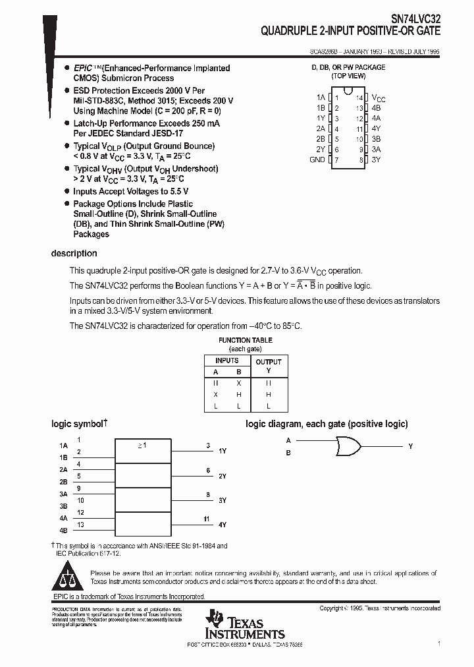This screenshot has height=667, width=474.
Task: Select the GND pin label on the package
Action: [x=317, y=160]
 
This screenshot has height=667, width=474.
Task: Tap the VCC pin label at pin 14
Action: [x=378, y=98]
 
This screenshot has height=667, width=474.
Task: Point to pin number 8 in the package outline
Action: [x=361, y=160]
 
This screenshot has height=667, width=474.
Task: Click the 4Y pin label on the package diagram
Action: [x=376, y=129]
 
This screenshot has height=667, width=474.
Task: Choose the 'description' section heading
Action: [x=74, y=254]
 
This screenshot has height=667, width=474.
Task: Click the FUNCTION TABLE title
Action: [x=236, y=340]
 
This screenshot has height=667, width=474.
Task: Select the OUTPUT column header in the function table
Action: [x=268, y=362]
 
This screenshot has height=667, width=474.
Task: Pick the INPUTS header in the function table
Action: [x=227, y=361]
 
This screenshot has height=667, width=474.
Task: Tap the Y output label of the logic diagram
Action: [x=410, y=447]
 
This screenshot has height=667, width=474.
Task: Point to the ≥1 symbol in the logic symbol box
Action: [x=142, y=446]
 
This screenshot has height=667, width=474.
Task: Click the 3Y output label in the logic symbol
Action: [x=223, y=500]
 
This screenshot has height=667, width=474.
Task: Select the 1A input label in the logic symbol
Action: [x=63, y=446]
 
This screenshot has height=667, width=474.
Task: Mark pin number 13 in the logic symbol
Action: [x=80, y=525]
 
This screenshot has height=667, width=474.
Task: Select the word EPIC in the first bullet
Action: [x=82, y=68]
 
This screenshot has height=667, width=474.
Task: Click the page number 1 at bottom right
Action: [x=438, y=642]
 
